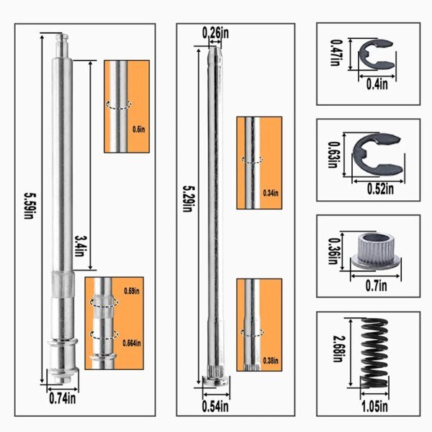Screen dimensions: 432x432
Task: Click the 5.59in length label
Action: [30, 206]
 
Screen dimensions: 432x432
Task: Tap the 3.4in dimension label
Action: [80, 246]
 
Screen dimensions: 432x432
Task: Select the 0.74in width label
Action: [62, 398]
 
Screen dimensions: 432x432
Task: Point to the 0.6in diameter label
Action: [139, 129]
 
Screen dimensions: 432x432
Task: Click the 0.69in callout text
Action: [132, 291]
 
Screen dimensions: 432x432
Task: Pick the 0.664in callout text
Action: [132, 343]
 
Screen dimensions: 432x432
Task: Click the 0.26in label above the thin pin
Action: [215, 33]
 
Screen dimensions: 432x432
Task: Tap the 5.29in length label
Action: [189, 199]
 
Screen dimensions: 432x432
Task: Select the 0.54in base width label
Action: [215, 407]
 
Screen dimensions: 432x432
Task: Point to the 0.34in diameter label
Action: [271, 193]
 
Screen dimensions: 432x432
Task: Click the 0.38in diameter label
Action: [271, 361]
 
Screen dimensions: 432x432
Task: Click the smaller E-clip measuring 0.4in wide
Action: [377, 54]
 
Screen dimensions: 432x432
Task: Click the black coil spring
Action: [374, 354]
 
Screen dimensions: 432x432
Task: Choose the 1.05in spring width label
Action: [374, 407]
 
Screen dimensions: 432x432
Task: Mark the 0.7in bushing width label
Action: [376, 286]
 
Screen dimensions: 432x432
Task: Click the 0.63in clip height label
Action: [333, 155]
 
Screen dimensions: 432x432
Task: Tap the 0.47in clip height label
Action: [336, 53]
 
